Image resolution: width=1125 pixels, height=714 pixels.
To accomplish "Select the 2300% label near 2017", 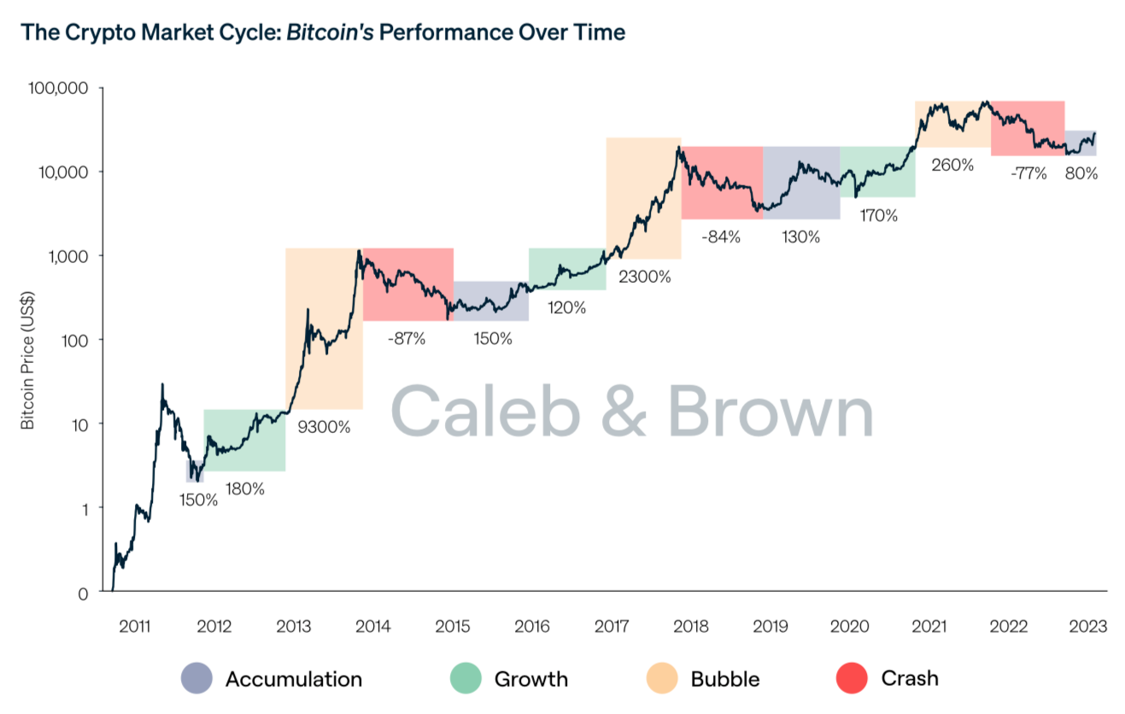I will [x=645, y=277].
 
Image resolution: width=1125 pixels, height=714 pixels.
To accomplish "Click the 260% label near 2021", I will [x=952, y=165].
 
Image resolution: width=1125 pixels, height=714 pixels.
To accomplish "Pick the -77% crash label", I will [x=1028, y=173].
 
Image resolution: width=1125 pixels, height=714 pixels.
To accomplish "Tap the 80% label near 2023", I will [x=1081, y=173].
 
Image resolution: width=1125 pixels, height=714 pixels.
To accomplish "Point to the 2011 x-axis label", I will [x=135, y=626].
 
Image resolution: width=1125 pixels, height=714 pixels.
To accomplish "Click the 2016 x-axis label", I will [x=531, y=626].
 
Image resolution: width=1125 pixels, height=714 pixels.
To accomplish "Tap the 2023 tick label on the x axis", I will [x=1087, y=626].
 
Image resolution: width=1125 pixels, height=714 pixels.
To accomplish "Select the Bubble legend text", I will [x=725, y=679].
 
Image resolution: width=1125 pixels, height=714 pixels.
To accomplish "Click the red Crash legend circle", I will [x=851, y=679].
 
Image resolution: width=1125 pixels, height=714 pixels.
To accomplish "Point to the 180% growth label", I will [x=244, y=489].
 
